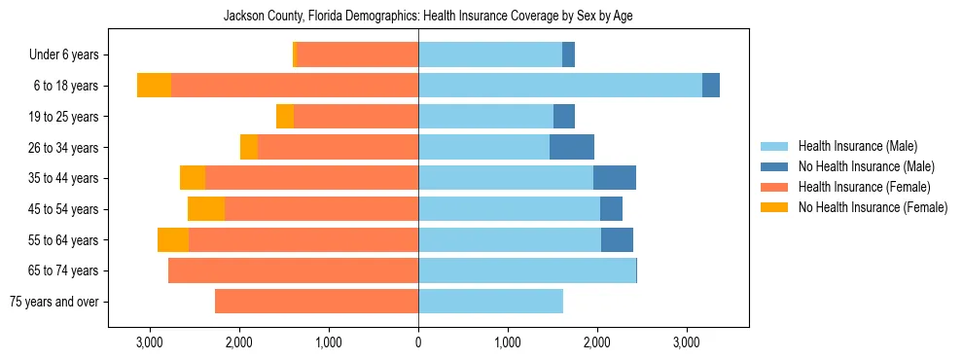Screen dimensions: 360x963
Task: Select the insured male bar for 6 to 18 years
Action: [x=560, y=86]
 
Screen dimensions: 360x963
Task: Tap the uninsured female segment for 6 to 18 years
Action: [x=154, y=86]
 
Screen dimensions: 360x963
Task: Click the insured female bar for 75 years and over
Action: [x=316, y=302]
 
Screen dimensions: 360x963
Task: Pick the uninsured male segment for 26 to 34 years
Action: [x=572, y=147]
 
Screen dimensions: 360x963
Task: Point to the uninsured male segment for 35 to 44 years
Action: [x=615, y=178]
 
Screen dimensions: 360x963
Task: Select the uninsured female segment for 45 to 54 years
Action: [x=206, y=209]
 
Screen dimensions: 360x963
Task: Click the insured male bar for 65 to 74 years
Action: [x=527, y=270]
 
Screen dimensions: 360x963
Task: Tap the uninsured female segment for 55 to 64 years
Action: [x=173, y=240]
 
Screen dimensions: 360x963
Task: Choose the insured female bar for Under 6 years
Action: [x=358, y=54]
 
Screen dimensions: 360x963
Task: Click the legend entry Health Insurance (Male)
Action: [x=857, y=146]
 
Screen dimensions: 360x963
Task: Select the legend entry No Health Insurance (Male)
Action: [x=866, y=166]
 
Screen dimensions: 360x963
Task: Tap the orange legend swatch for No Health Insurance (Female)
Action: [x=775, y=207]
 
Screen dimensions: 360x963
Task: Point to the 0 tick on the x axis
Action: [x=418, y=342]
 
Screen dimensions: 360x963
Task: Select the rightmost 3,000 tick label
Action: [x=687, y=342]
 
